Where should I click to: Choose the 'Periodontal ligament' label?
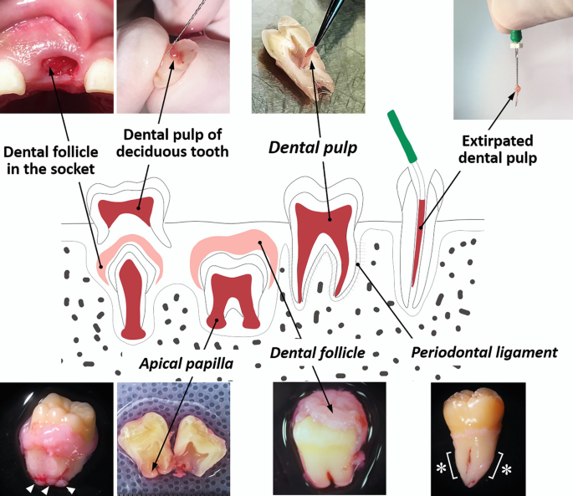[484, 352]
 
